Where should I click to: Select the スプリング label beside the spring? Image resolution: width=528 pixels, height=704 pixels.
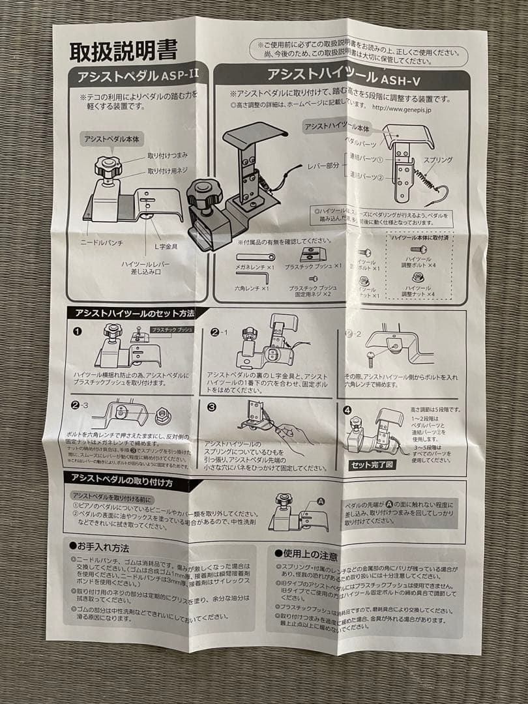click(x=434, y=160)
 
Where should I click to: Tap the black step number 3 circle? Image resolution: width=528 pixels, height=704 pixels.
click(x=212, y=407)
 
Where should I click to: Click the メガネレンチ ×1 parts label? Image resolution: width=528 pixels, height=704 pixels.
click(x=254, y=267)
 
